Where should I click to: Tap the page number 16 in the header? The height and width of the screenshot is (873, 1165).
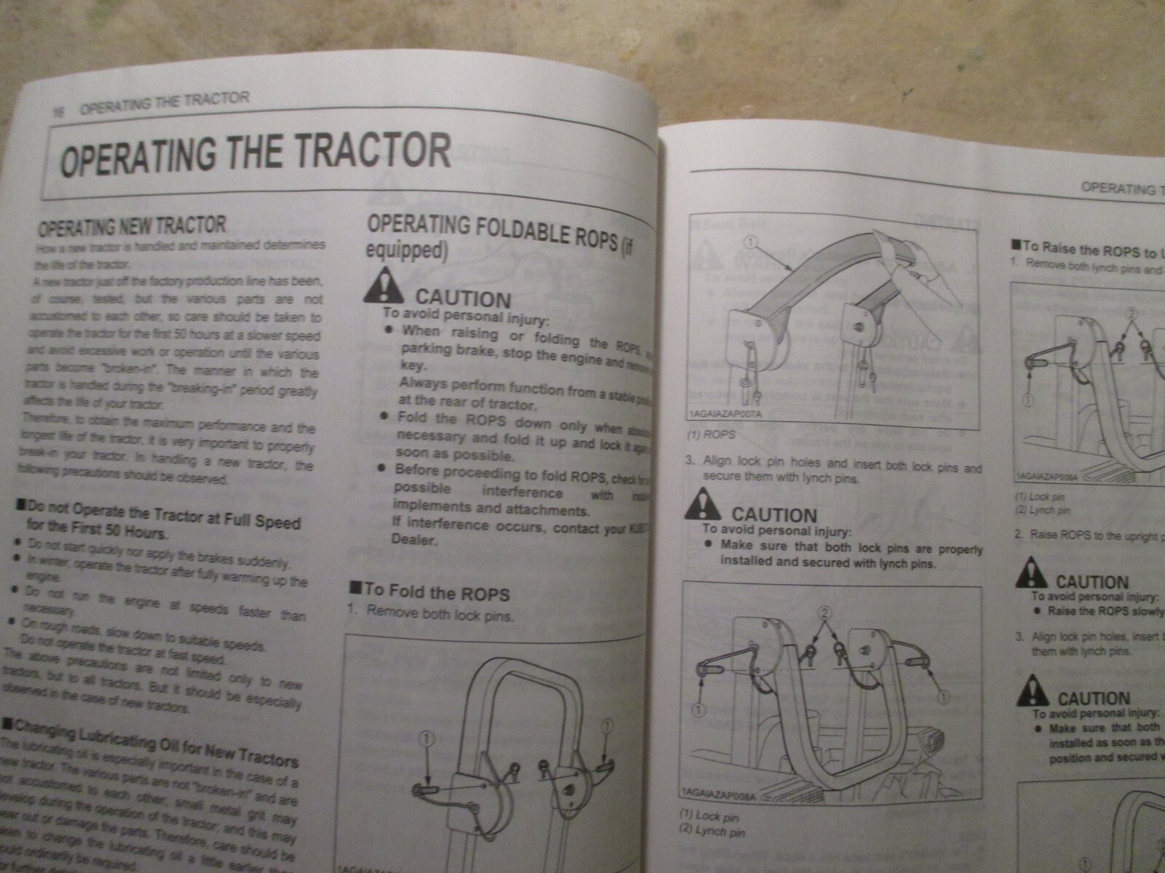click(57, 111)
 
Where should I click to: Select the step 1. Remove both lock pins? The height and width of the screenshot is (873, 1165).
click(430, 614)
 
